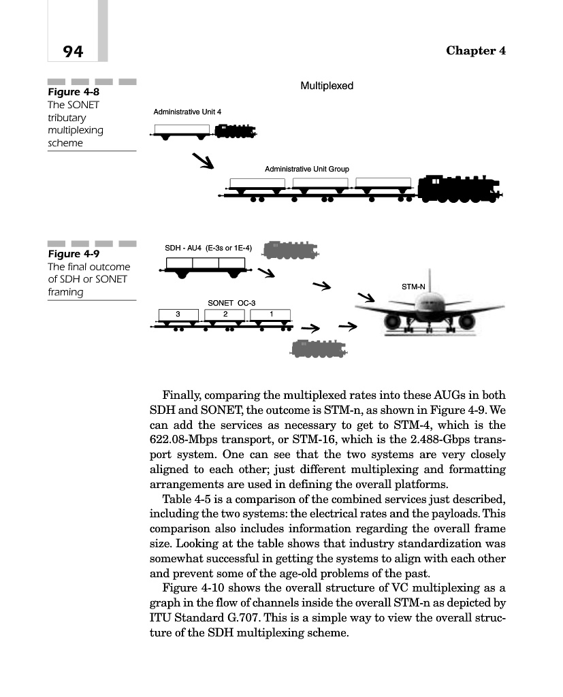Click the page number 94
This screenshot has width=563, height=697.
[x=73, y=51]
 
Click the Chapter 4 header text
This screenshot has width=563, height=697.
[x=475, y=51]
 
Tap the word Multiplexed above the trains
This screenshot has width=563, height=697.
[x=327, y=86]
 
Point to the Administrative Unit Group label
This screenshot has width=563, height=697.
[x=306, y=168]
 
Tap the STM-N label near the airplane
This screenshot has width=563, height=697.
[x=413, y=287]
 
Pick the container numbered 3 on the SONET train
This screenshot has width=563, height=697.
[x=178, y=314]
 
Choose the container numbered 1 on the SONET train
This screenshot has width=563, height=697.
[x=271, y=314]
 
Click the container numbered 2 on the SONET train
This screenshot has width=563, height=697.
[x=224, y=314]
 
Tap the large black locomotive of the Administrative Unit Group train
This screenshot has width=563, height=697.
[x=458, y=189]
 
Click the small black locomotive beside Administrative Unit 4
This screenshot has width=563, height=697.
[x=236, y=131]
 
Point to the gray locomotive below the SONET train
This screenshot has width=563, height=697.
[x=319, y=349]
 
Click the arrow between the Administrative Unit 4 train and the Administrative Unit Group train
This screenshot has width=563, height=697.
[x=203, y=161]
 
